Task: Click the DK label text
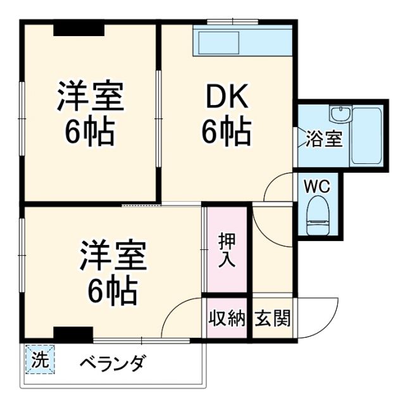pos(227,99)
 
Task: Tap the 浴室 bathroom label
pos(325,139)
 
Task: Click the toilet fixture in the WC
pos(316,215)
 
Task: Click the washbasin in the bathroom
pos(339,115)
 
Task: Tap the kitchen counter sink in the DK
pos(218,42)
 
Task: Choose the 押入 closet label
pos(227,250)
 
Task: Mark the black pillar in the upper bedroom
pos(78,28)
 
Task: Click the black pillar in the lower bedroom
pos(73,333)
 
